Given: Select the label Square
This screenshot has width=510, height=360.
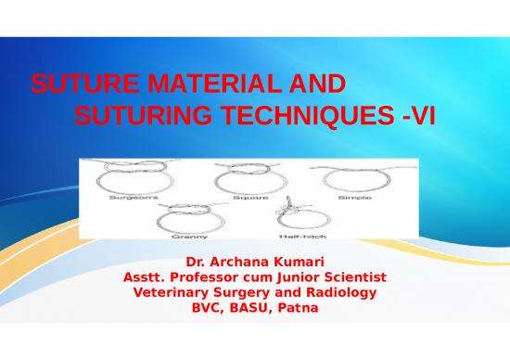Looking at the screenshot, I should point(247,197).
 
